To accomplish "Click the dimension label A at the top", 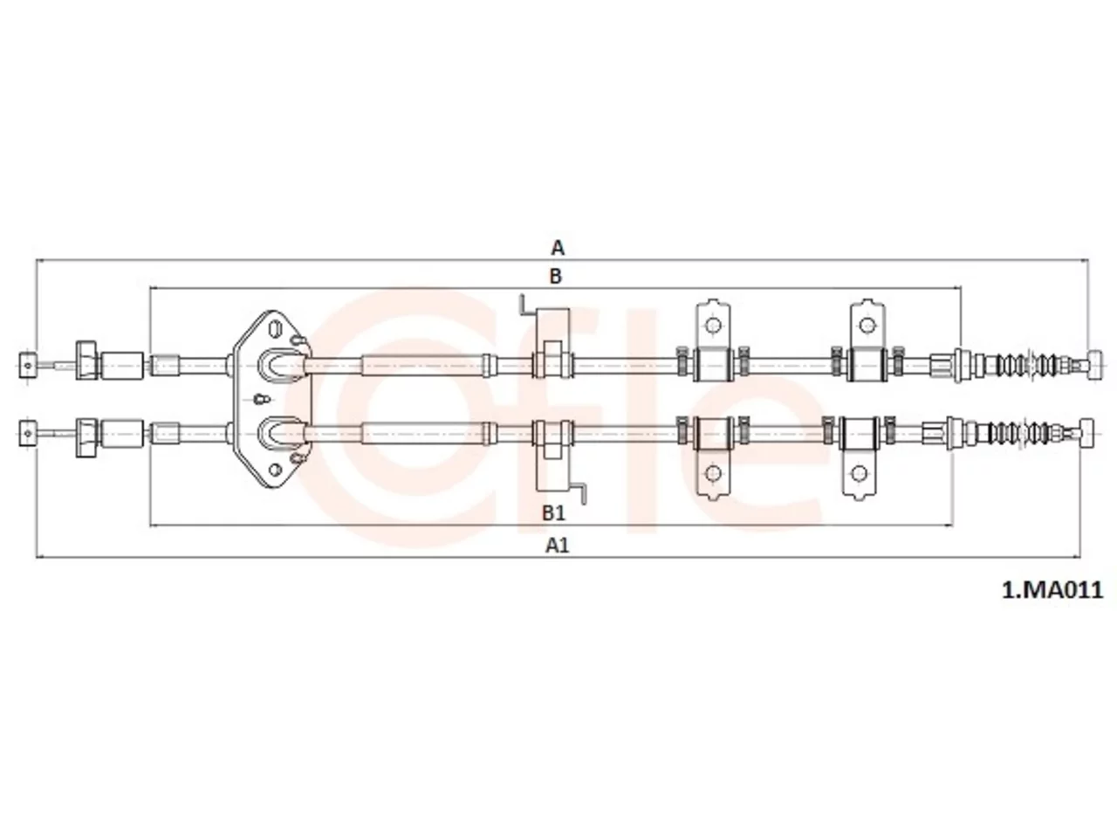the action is pyautogui.click(x=558, y=248).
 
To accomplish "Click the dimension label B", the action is pyautogui.click(x=555, y=277).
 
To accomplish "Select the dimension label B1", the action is pyautogui.click(x=553, y=513).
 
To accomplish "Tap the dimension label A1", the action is pyautogui.click(x=558, y=546).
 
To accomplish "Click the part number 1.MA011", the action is pyautogui.click(x=1052, y=591).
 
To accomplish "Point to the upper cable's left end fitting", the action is pyautogui.click(x=27, y=366).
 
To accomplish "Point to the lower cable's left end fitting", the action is pyautogui.click(x=27, y=433).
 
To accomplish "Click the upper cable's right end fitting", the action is pyautogui.click(x=1096, y=366).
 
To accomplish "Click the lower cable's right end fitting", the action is pyautogui.click(x=1087, y=433).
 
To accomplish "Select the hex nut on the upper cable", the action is pyautogui.click(x=86, y=361).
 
